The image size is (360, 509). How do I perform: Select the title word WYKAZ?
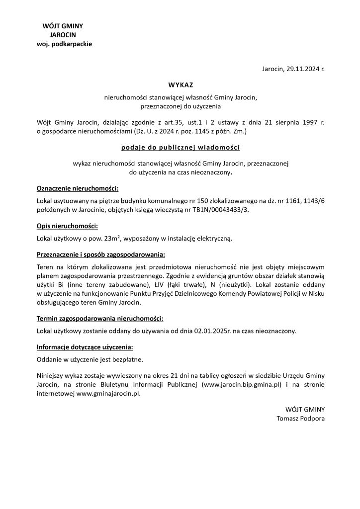180,85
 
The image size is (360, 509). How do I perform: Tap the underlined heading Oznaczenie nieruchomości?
78,189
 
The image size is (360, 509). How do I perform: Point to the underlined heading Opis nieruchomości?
67,226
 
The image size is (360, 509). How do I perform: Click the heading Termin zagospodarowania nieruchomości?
100,318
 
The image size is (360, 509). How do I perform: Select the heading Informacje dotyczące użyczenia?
85,347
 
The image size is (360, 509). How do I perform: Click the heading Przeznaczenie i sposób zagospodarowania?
101,255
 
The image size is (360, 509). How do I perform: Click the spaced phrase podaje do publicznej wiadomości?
180,148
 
